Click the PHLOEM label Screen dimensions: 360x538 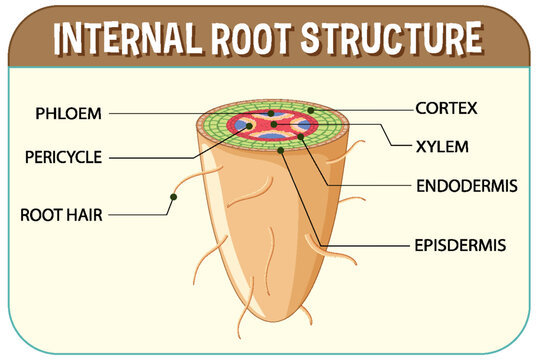[x=68, y=113]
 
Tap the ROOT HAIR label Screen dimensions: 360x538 [x=61, y=214]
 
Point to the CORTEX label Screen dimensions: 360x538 [x=447, y=107]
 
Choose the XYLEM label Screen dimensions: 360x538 [x=441, y=146]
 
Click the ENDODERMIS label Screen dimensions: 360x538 [x=466, y=185]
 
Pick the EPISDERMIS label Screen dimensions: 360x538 [x=460, y=243]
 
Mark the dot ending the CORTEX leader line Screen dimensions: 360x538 [x=311, y=109]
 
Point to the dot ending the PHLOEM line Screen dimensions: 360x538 [x=267, y=113]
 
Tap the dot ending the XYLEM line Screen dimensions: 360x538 [x=299, y=125]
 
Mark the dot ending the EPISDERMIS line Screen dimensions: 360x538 [x=283, y=150]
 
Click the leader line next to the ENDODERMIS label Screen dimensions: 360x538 [x=370, y=185]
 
